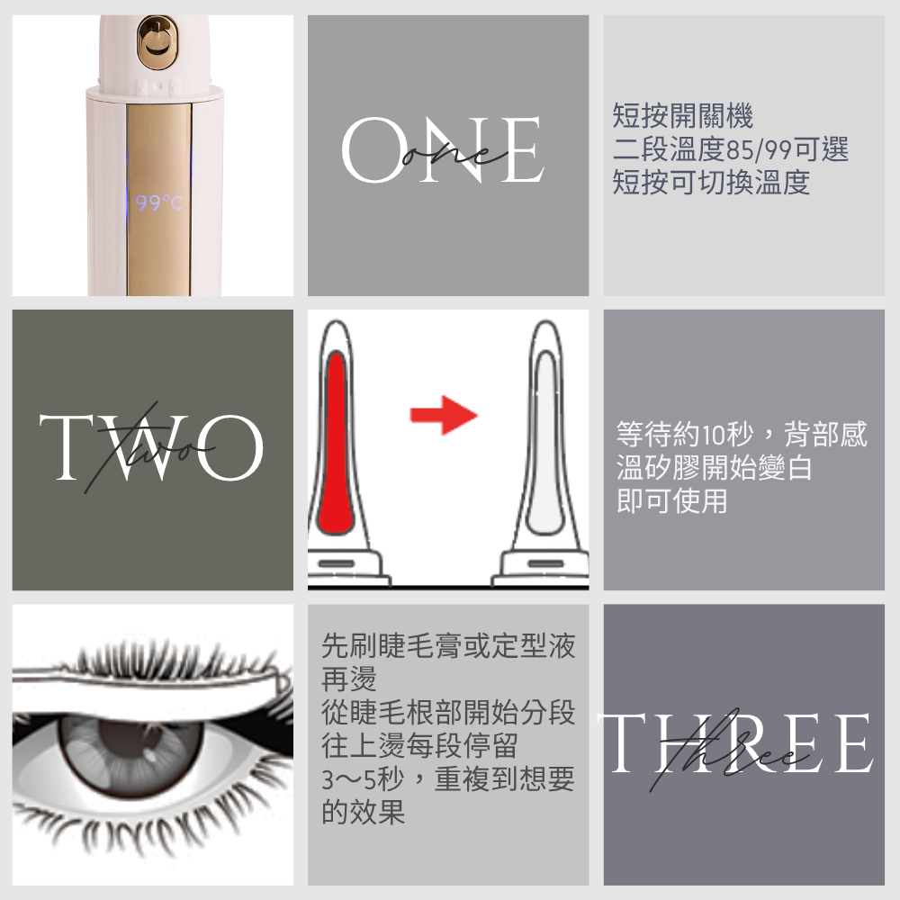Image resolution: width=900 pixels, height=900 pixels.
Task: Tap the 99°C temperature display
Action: [x=157, y=204]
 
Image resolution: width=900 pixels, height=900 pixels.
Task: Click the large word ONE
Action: [x=442, y=151]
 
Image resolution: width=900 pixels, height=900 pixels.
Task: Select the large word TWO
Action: [x=151, y=447]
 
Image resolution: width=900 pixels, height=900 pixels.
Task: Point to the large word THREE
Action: [x=738, y=743]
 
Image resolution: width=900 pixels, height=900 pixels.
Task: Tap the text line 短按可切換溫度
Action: [x=711, y=183]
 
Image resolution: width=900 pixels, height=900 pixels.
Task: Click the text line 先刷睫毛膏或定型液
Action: [x=448, y=644]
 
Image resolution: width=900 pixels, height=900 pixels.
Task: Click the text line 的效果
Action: [x=364, y=813]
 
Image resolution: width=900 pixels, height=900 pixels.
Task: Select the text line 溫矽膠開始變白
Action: [x=715, y=468]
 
